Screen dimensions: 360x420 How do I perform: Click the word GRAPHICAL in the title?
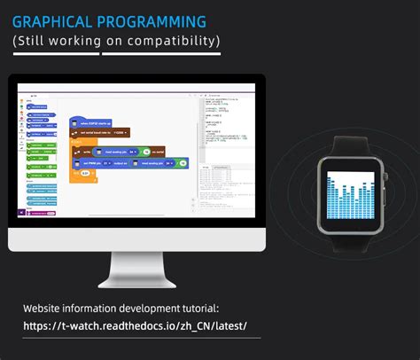[x=52, y=21]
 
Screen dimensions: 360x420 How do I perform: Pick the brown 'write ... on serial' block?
[x=124, y=152]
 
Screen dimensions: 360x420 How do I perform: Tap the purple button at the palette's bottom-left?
[x=23, y=212]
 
